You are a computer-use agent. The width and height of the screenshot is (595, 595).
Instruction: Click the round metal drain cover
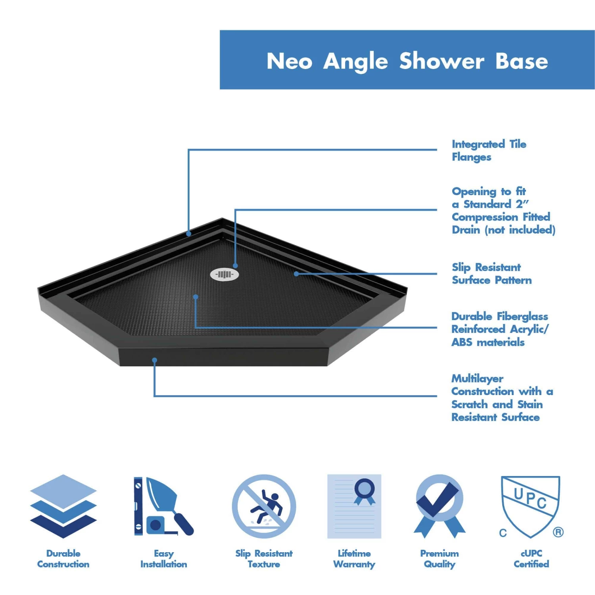(x=225, y=274)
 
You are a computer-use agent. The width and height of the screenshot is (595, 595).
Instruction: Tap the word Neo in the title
(x=289, y=61)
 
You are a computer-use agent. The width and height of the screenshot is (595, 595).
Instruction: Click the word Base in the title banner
(x=521, y=61)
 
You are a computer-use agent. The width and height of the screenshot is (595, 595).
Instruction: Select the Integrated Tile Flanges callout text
(x=489, y=150)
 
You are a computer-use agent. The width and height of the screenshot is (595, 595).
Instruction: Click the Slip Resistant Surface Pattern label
(x=491, y=274)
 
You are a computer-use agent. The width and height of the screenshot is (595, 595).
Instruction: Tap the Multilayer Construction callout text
(x=502, y=397)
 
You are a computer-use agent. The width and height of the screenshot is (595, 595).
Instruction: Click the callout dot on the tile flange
(x=189, y=234)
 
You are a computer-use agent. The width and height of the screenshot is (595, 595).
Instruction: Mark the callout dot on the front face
(x=155, y=360)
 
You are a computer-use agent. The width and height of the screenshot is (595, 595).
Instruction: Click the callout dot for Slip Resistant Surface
(x=296, y=274)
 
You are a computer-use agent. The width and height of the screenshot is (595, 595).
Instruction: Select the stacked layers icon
(x=63, y=506)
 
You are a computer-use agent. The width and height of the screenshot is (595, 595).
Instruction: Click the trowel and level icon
(x=163, y=506)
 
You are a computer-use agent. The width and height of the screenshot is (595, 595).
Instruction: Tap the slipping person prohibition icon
(x=264, y=506)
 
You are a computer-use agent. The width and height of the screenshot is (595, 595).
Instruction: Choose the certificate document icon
(x=354, y=506)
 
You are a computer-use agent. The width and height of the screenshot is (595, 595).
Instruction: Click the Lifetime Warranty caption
(x=354, y=559)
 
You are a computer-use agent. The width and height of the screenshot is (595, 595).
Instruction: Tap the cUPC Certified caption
(x=531, y=559)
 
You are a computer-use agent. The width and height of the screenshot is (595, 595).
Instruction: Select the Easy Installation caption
(x=163, y=559)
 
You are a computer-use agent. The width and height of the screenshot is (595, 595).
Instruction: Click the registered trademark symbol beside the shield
(x=558, y=532)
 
